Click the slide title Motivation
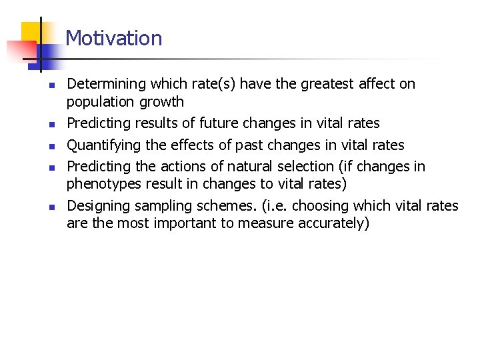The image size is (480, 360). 114,38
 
